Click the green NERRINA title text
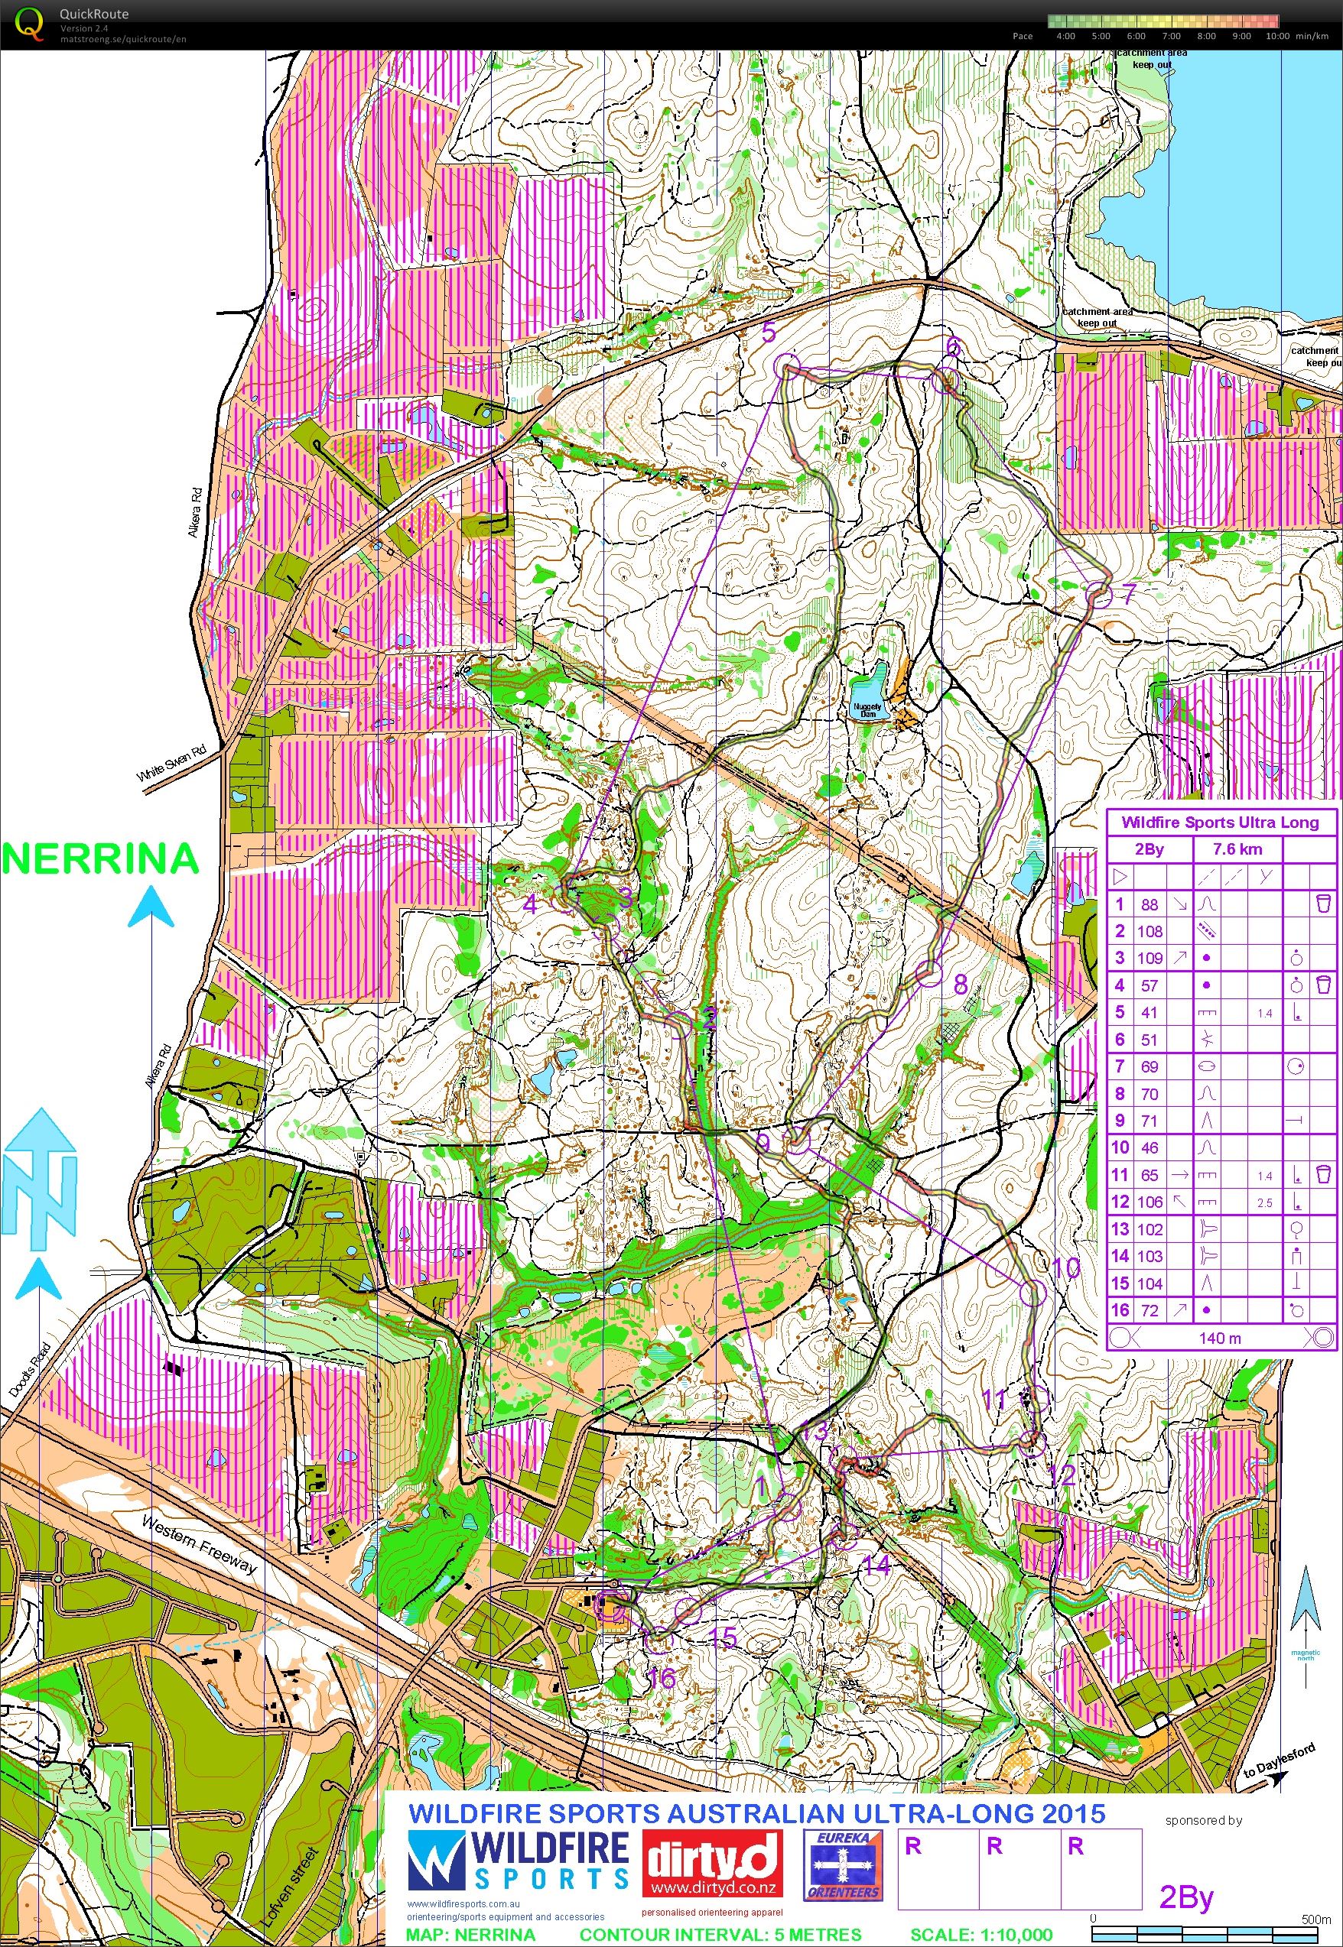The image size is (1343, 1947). click(x=100, y=859)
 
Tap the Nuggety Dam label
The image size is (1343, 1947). click(x=867, y=710)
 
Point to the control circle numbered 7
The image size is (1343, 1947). click(x=1099, y=595)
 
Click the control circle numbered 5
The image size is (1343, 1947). click(x=787, y=366)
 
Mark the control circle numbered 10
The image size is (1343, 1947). click(x=1033, y=1293)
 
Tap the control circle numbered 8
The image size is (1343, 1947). click(x=926, y=974)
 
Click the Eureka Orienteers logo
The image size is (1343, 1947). click(x=842, y=1864)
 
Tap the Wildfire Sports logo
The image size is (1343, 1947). click(x=519, y=1861)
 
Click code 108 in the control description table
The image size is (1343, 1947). click(x=1150, y=931)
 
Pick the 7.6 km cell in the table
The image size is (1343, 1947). click(x=1237, y=849)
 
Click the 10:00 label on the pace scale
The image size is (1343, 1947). click(x=1276, y=36)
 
